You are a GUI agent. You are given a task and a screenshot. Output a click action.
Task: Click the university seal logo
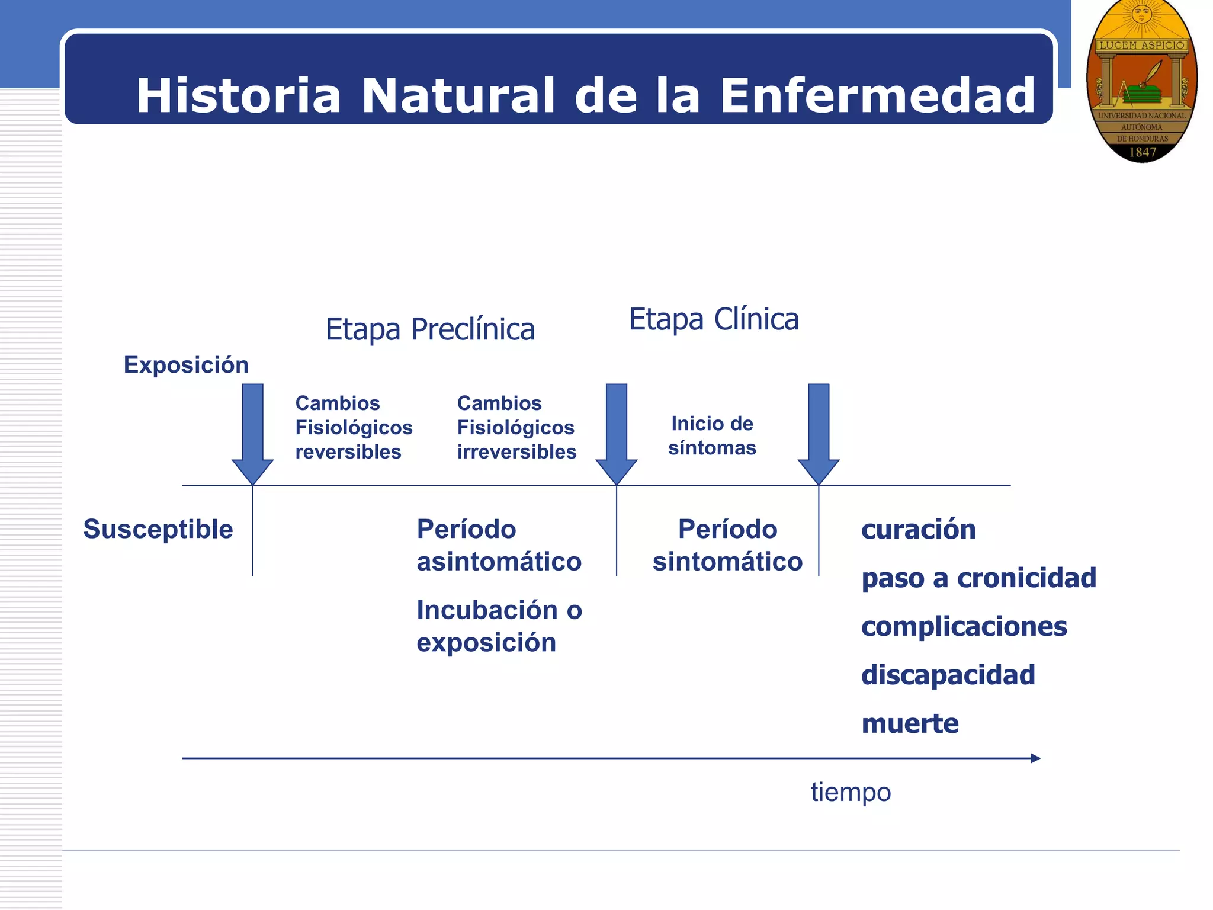coord(1141,81)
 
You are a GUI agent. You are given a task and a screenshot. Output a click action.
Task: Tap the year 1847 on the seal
coord(1143,152)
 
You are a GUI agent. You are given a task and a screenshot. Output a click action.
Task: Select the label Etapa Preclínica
coord(430,329)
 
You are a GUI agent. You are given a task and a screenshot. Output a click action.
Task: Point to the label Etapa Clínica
coord(714,319)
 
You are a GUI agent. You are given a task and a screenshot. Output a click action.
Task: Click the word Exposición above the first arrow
coord(186,365)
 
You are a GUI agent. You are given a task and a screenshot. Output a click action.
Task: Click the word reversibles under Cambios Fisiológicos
coord(348,452)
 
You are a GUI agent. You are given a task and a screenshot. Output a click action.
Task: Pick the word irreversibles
coord(516,452)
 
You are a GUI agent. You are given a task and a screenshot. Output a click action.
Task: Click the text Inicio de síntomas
coord(712,435)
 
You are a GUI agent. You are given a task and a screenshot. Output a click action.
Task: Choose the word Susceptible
coord(158,529)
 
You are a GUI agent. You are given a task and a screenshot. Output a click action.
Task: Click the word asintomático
coord(499,562)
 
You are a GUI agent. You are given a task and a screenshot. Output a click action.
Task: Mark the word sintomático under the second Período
coord(727,562)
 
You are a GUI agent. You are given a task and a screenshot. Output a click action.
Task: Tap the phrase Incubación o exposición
coord(499,626)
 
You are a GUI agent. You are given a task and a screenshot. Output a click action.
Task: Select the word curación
coord(918,529)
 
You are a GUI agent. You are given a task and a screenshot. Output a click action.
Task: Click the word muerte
coord(910,723)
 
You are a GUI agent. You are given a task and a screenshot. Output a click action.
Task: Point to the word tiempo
coord(851,792)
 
